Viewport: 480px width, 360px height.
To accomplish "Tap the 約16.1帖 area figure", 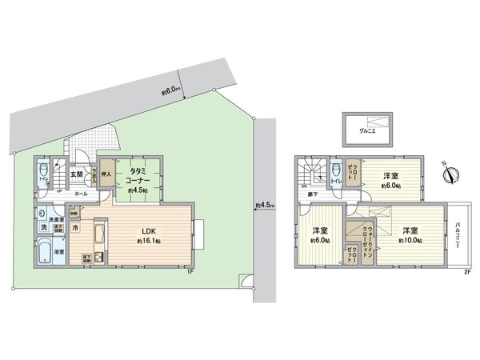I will tap(149, 240).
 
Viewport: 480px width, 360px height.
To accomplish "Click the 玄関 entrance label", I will tap(76, 174).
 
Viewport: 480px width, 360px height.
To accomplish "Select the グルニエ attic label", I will tap(367, 129).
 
